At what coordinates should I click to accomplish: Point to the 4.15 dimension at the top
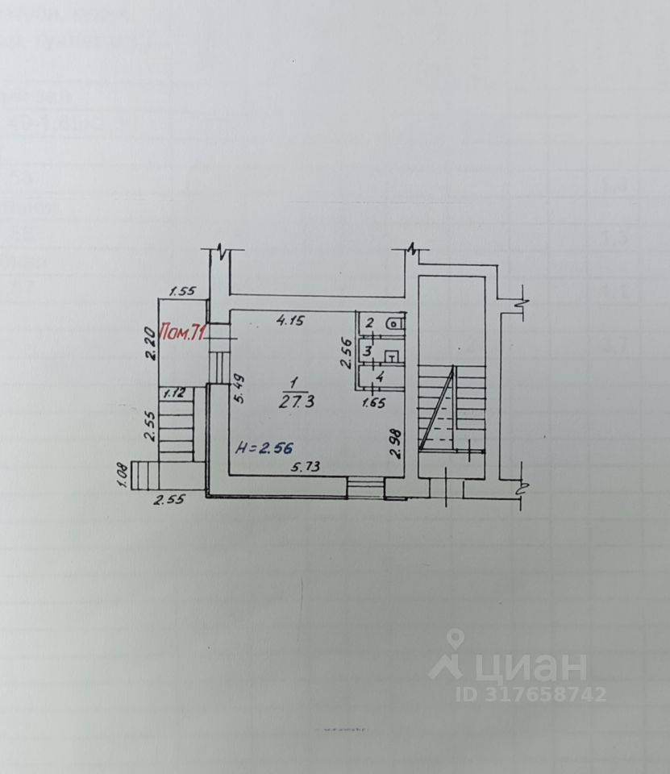pyautogui.click(x=290, y=320)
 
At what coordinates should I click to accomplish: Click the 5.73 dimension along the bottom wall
pyautogui.click(x=306, y=465)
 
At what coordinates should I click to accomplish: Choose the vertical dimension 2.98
pyautogui.click(x=395, y=443)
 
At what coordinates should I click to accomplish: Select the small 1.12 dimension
pyautogui.click(x=174, y=393)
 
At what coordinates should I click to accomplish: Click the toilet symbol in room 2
pyautogui.click(x=393, y=324)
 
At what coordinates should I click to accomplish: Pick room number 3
pyautogui.click(x=368, y=352)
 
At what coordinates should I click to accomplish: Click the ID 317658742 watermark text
pyautogui.click(x=531, y=694)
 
